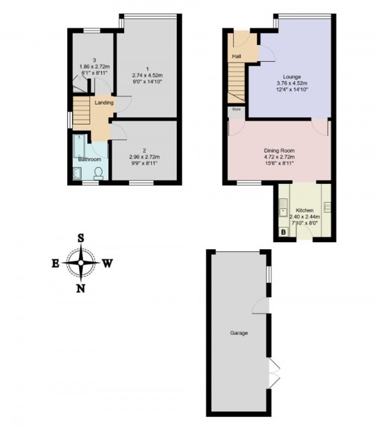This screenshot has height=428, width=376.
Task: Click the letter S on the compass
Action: click(x=81, y=238)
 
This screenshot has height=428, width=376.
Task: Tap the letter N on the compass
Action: click(x=81, y=288)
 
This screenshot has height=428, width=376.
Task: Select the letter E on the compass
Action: click(x=55, y=263)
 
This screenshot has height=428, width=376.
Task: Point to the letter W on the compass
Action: click(x=107, y=263)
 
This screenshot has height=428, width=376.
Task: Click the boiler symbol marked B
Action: click(x=283, y=233)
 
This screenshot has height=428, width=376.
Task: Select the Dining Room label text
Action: click(x=278, y=150)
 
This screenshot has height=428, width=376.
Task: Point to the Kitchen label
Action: click(x=303, y=210)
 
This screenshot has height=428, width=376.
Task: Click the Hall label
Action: click(x=236, y=57)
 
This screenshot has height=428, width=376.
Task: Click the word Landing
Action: click(x=103, y=103)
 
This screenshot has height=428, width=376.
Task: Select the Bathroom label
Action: click(x=90, y=159)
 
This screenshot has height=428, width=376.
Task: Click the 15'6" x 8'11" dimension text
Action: click(x=278, y=164)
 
